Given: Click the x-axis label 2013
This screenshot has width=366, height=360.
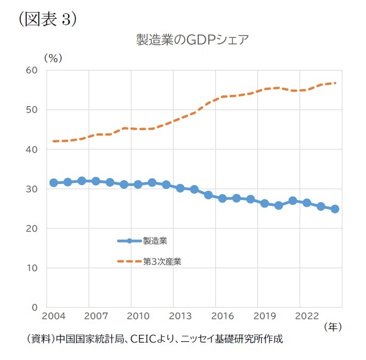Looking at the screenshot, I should click(180, 316).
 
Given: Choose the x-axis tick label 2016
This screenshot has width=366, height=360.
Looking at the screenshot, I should click(222, 316).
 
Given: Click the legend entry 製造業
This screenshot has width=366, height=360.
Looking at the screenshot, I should click(155, 241).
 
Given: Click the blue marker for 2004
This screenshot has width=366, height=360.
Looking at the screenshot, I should click(53, 183).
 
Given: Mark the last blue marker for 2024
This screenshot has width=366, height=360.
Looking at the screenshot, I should click(335, 209).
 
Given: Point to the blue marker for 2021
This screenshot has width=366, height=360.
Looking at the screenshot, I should click(292, 201).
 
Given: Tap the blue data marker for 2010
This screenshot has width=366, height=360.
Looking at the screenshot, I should click(138, 185).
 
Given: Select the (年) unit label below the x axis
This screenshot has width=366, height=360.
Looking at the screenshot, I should click(332, 325).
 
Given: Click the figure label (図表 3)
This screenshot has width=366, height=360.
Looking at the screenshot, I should click(47, 19).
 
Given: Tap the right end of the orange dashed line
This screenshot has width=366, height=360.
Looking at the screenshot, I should click(336, 83).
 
